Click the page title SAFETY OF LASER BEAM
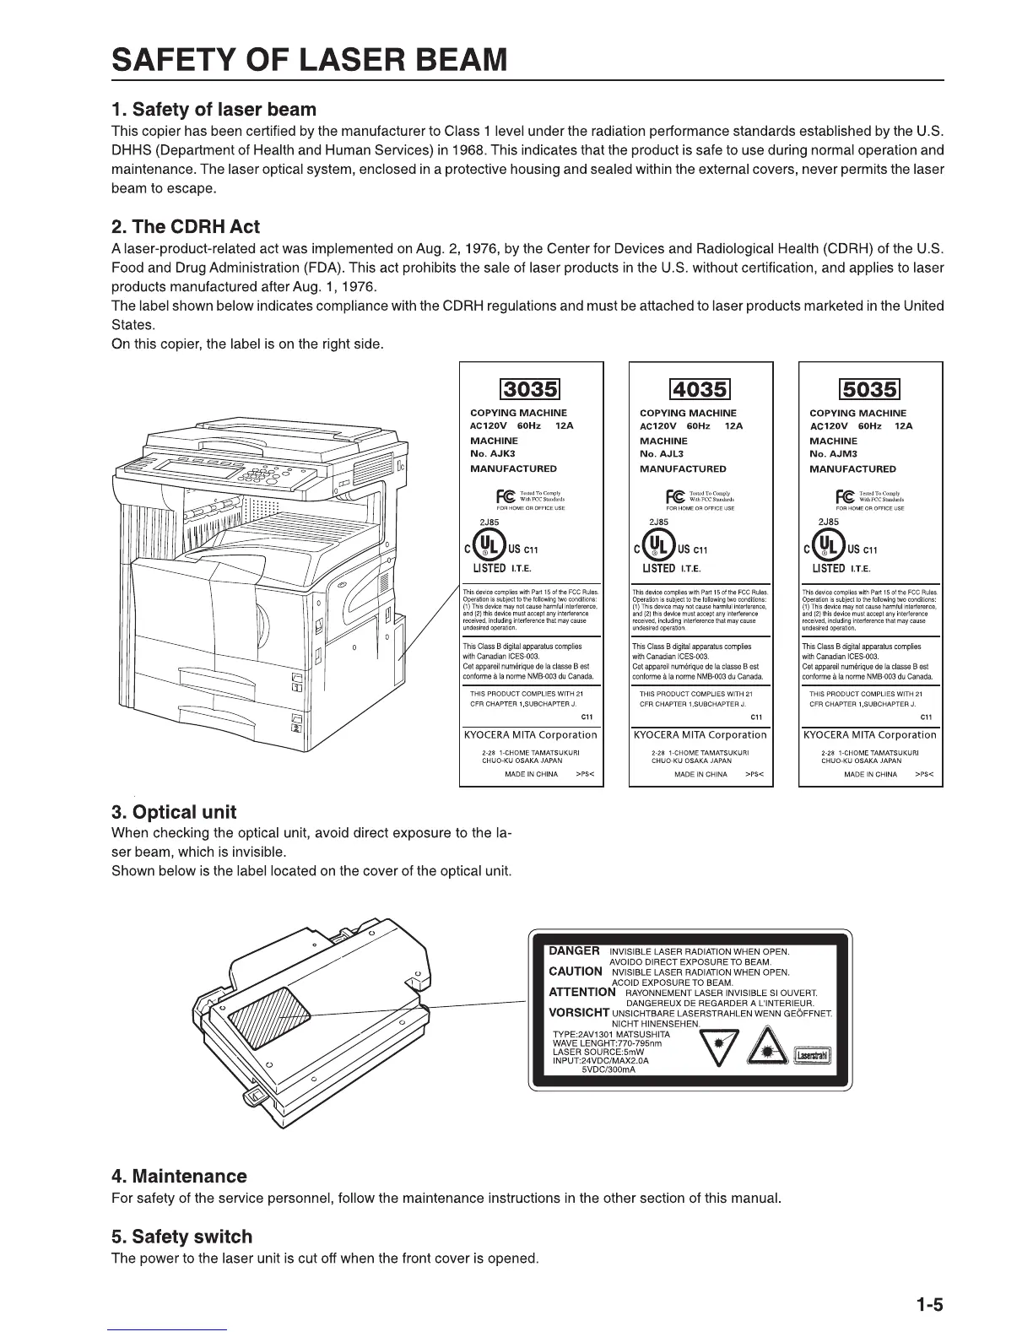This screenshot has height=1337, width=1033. pos(311,61)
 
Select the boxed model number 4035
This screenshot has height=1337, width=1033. pos(700,389)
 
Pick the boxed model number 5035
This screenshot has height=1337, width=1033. pos(870,389)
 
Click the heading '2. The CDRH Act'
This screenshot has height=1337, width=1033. pos(186,227)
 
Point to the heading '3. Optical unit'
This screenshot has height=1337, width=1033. pos(174,813)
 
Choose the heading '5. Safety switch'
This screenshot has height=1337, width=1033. pos(181,1237)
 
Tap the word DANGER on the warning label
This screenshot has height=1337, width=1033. pos(575,951)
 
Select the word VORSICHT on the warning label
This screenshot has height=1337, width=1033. pos(579,1013)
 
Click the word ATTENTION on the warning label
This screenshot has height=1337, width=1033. pos(582,993)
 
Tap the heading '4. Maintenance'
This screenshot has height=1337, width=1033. pos(179,1177)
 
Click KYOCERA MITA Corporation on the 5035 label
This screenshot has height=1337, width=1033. pos(870,734)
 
